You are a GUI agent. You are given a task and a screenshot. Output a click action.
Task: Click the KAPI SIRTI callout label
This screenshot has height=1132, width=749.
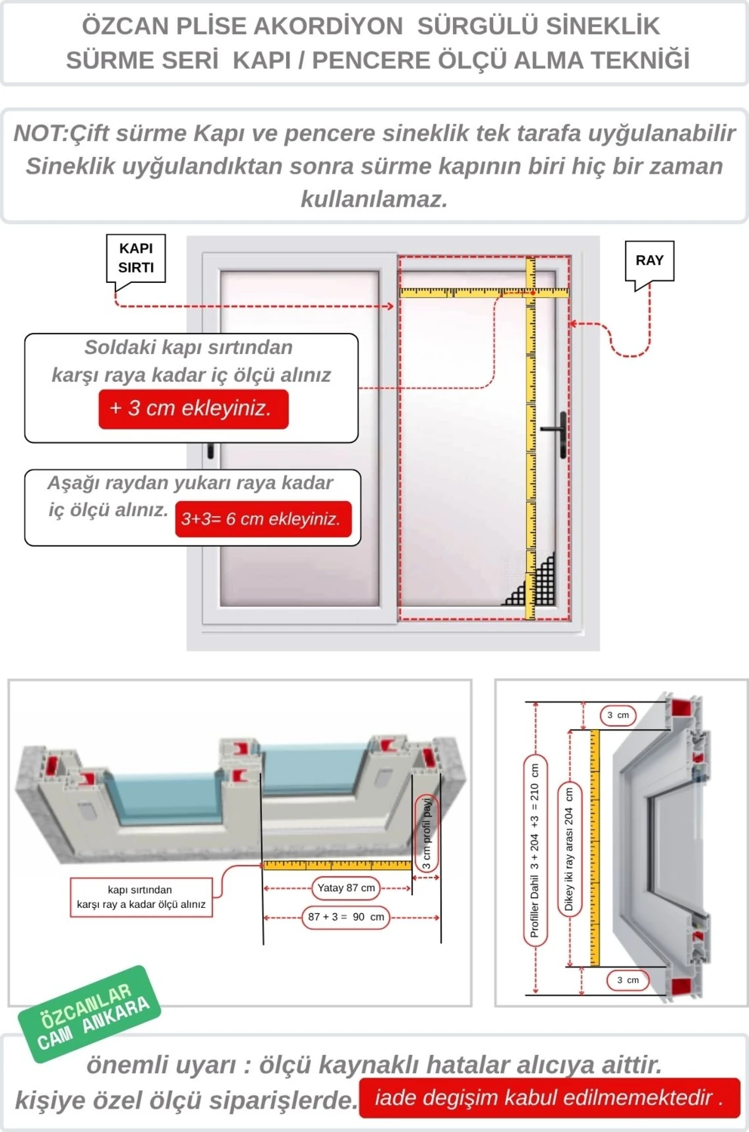point(136,258)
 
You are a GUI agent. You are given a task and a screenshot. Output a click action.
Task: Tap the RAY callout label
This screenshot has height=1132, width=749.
point(649,260)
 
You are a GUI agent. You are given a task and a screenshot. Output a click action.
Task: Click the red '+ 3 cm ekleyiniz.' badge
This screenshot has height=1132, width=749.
point(193,409)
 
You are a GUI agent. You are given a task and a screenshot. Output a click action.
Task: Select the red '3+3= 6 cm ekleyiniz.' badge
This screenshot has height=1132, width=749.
point(263,519)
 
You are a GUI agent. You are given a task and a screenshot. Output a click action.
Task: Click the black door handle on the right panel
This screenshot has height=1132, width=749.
point(562,434)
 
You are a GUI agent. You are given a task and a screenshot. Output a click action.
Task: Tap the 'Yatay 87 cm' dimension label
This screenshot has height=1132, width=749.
point(346,888)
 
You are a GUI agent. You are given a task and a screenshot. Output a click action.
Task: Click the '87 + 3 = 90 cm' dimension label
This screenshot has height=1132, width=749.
point(346,917)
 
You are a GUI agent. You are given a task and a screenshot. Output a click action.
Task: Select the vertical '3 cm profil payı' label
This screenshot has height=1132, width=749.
point(427,834)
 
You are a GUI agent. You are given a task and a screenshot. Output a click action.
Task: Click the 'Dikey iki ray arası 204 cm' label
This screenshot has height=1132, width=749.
point(569,849)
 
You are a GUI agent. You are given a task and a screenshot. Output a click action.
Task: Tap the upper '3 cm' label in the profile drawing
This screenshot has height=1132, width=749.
point(618,715)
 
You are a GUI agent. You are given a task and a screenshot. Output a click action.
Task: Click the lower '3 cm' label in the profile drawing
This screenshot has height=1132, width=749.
point(627,980)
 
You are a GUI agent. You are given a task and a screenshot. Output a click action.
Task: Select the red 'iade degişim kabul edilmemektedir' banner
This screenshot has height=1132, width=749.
point(549,1097)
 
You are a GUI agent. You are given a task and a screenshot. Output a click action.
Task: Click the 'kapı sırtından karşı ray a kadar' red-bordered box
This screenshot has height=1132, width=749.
point(140,897)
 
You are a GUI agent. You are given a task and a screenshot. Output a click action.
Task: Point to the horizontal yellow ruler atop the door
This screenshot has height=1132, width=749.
point(483,291)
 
